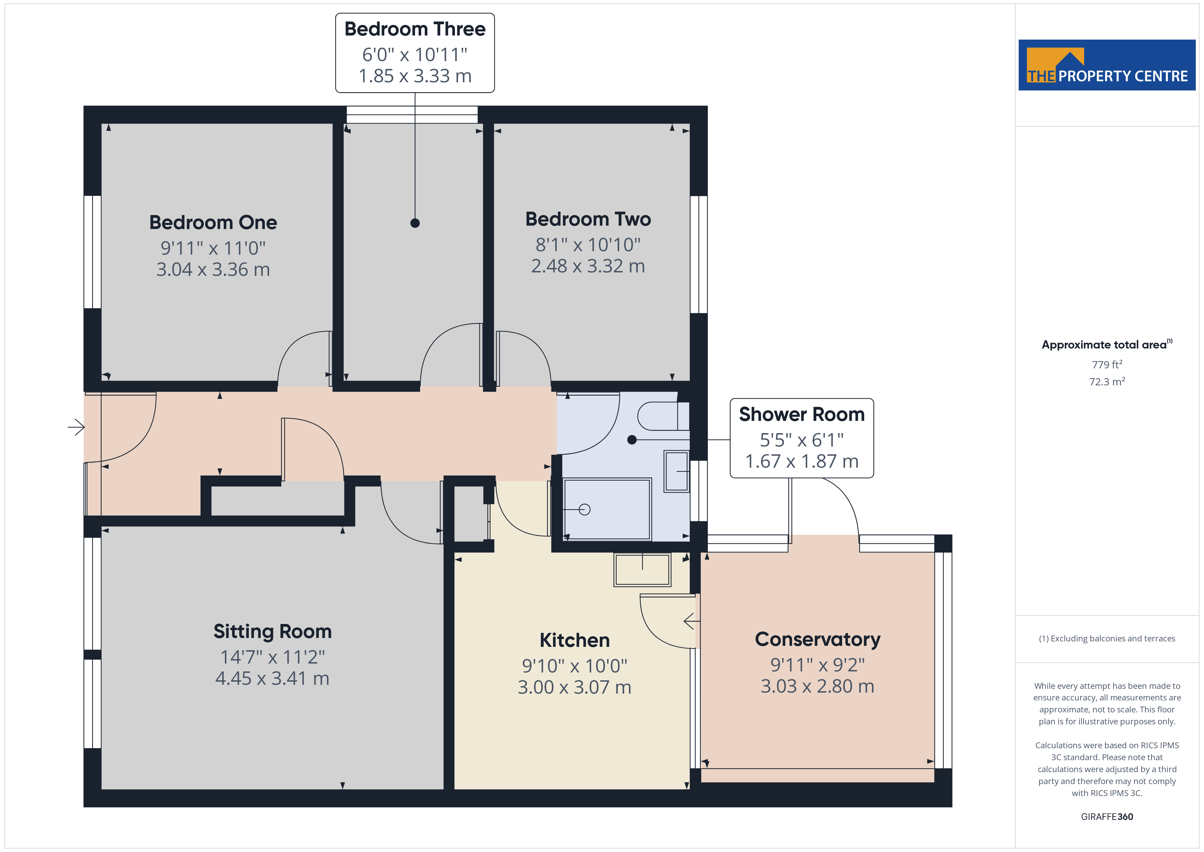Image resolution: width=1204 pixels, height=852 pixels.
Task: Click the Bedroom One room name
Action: (x=213, y=223)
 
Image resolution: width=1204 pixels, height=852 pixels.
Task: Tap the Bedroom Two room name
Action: (x=588, y=219)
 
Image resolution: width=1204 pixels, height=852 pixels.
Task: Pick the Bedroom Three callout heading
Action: (x=415, y=29)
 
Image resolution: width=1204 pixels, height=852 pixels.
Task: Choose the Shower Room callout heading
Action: (x=802, y=414)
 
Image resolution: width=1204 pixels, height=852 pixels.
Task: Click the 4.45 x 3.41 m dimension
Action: (x=272, y=678)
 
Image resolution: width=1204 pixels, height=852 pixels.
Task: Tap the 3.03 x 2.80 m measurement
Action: (x=818, y=686)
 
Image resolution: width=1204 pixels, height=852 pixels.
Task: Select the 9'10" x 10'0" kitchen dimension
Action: (x=574, y=666)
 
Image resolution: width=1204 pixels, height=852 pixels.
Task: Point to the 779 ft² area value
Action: (x=1107, y=364)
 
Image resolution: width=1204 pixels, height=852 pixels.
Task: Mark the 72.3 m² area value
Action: (x=1107, y=381)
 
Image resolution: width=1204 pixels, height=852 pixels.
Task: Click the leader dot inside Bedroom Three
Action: (x=415, y=223)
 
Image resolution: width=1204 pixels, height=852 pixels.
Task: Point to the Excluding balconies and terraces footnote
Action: (x=1107, y=638)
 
